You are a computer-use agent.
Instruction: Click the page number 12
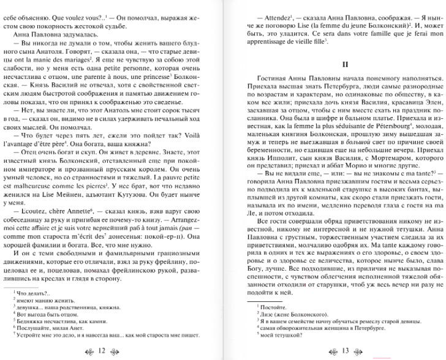pyautogui.click(x=102, y=350)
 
